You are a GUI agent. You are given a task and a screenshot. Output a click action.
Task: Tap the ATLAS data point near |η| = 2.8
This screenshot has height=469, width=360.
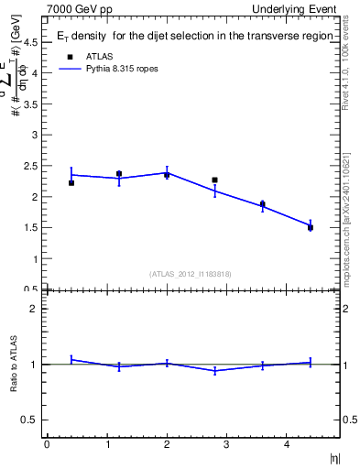pos(214,180)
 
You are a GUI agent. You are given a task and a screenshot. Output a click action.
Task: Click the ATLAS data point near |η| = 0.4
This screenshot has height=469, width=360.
pos(71,183)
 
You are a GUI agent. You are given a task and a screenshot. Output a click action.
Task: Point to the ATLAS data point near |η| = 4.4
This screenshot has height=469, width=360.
pos(311,227)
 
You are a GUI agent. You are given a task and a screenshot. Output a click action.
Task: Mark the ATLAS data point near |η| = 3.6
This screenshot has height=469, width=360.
pos(263,204)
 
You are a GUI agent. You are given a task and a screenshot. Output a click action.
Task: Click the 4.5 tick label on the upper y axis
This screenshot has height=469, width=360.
pos(30,41)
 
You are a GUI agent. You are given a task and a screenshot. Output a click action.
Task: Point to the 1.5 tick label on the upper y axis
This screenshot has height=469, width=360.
pos(30,228)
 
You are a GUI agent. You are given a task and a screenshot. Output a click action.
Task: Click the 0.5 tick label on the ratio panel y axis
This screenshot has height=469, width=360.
pos(30,420)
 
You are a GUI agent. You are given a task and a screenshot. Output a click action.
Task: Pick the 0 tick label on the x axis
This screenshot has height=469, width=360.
pos(47,444)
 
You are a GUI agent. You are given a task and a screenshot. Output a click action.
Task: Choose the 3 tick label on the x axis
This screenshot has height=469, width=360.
pos(226,444)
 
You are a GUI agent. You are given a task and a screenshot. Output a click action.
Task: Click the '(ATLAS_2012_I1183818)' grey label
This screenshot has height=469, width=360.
pos(191,274)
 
